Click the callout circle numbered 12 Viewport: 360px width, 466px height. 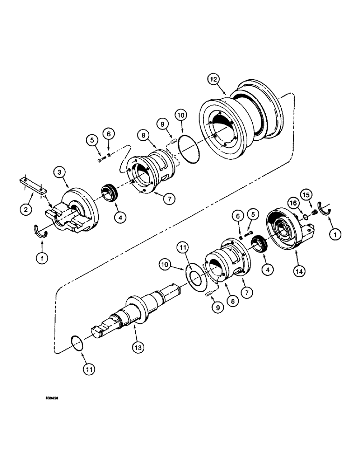(x=214, y=80)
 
